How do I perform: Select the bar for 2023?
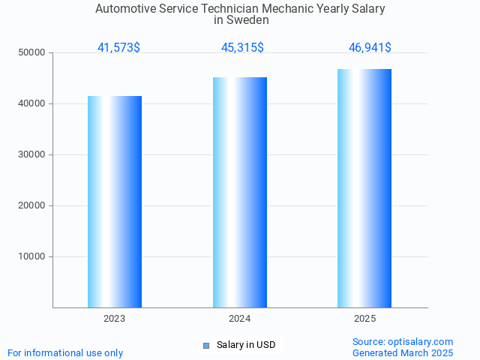(x=115, y=202)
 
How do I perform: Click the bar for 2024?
(x=240, y=192)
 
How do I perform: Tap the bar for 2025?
(x=364, y=188)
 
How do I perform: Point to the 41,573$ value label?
(x=118, y=48)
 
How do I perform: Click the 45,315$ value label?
(x=242, y=48)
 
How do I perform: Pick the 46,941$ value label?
(x=370, y=48)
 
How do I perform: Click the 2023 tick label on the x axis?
(x=115, y=319)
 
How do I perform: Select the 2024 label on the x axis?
(x=240, y=319)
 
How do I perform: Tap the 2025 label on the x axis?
(x=365, y=319)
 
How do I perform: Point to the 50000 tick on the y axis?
(x=32, y=53)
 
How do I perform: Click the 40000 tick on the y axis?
(x=32, y=104)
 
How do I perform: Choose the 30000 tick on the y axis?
(x=32, y=155)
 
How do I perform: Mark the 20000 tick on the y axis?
(x=32, y=206)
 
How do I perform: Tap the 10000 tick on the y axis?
(x=32, y=257)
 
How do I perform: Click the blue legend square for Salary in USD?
(x=206, y=346)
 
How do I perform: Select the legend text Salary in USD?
(x=246, y=345)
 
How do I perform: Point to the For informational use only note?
(x=65, y=352)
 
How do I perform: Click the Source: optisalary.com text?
(x=403, y=341)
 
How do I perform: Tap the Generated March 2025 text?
(x=403, y=352)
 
